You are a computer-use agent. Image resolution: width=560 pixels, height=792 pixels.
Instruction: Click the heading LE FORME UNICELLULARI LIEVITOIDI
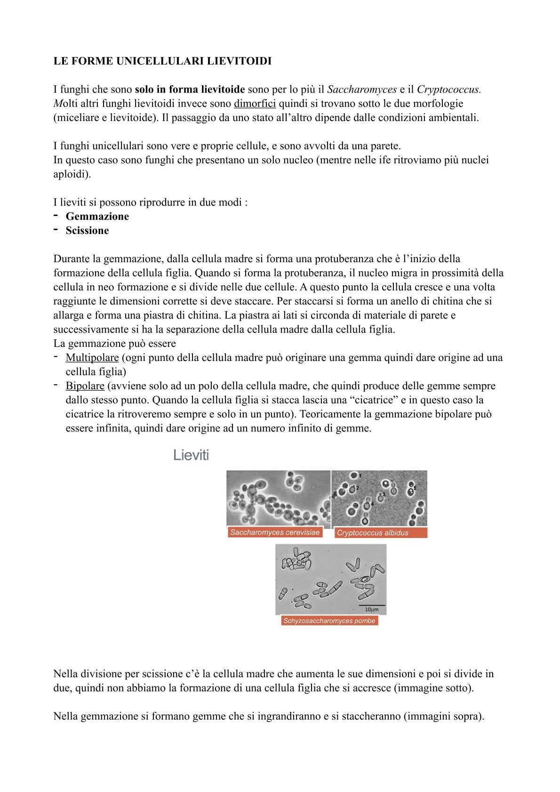pos(162,61)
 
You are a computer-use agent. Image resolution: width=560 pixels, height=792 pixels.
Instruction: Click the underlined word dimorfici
pos(255,104)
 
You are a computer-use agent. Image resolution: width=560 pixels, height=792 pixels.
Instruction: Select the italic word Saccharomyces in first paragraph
pos(361,89)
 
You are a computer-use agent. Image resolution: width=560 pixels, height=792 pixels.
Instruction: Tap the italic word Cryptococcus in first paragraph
pos(448,89)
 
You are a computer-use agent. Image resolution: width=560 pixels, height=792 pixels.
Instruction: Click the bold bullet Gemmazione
pos(97,216)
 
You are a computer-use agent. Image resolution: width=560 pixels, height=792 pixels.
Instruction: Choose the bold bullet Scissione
pos(87,231)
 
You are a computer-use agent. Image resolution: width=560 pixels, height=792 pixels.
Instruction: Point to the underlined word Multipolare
pos(92,358)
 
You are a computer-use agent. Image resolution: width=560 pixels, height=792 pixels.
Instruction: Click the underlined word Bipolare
pos(85,386)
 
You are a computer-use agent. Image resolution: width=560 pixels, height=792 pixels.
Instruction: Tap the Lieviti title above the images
pos(191,455)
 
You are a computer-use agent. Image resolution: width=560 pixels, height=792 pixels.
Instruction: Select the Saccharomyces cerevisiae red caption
pos(275,532)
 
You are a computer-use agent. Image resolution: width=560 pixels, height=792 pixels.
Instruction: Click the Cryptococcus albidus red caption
pos(373,533)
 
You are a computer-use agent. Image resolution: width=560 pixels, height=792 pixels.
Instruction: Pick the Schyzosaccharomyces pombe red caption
pos(329,621)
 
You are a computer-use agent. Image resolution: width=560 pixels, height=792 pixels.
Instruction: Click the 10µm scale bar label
pos(371,609)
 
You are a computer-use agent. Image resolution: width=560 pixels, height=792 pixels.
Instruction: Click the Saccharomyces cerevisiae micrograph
pos(278,498)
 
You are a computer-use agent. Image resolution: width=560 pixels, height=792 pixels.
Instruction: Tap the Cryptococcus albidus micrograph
pos(379,498)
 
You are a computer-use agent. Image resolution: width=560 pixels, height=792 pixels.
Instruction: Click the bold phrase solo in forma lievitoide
pos(190,89)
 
